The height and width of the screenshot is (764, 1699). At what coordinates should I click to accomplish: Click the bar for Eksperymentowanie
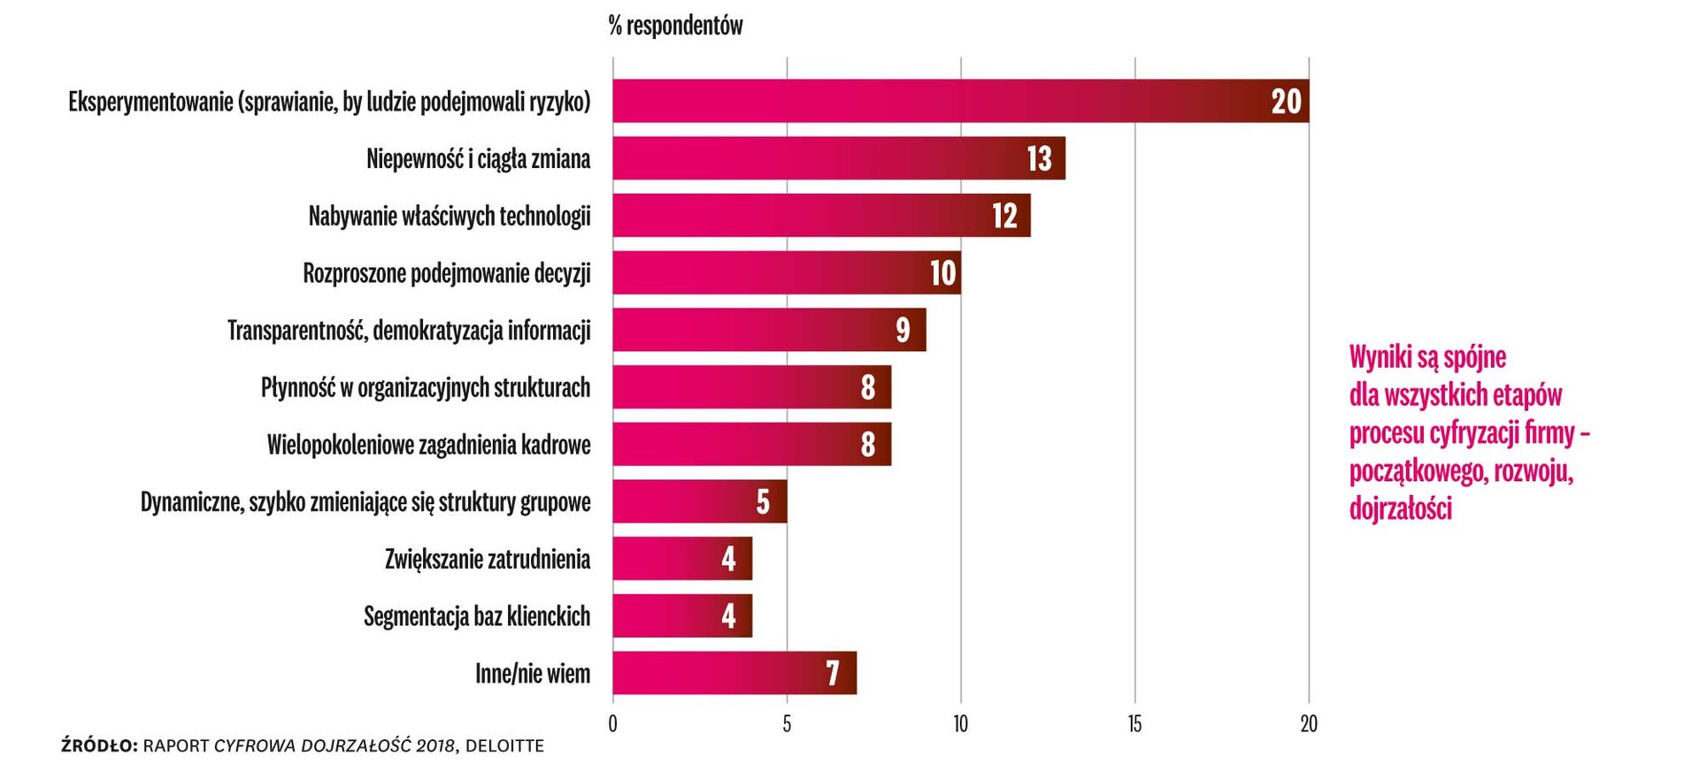pos(960,101)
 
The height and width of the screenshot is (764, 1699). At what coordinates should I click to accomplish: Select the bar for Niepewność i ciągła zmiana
pos(838,158)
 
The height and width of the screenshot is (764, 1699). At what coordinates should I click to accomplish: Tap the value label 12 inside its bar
pos(1004,216)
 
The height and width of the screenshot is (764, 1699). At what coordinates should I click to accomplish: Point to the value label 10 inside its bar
pos(942,273)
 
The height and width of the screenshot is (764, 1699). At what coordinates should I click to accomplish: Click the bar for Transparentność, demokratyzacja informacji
pos(768,330)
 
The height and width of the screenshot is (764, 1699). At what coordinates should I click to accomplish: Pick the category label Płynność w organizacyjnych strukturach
pos(425,387)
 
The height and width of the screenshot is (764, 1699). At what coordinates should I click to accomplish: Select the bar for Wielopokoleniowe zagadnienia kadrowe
pos(751,444)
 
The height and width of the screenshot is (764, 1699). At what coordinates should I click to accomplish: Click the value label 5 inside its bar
pos(763,501)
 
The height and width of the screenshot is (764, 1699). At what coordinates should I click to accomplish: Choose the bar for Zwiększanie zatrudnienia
pos(681,559)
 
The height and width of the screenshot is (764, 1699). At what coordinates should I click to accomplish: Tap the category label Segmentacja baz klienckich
pos(476,616)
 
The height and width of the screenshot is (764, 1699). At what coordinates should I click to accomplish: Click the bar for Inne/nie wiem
pos(734,673)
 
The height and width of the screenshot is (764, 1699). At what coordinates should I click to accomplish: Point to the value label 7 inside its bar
pos(832,674)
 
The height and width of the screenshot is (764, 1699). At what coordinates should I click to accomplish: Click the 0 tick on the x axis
pos(612,724)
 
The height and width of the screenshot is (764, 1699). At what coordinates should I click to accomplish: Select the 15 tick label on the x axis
pos(1134,724)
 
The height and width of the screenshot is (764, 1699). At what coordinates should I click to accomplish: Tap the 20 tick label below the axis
pos(1309,724)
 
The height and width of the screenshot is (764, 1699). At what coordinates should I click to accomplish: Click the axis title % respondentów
pos(675,26)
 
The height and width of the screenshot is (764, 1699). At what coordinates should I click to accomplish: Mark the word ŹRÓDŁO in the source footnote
pos(99,746)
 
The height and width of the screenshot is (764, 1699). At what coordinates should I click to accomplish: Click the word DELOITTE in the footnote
pos(504,746)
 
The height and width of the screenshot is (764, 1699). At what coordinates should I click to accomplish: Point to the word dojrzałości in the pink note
pos(1400,508)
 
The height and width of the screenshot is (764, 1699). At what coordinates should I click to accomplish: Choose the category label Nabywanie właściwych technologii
pos(449,216)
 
